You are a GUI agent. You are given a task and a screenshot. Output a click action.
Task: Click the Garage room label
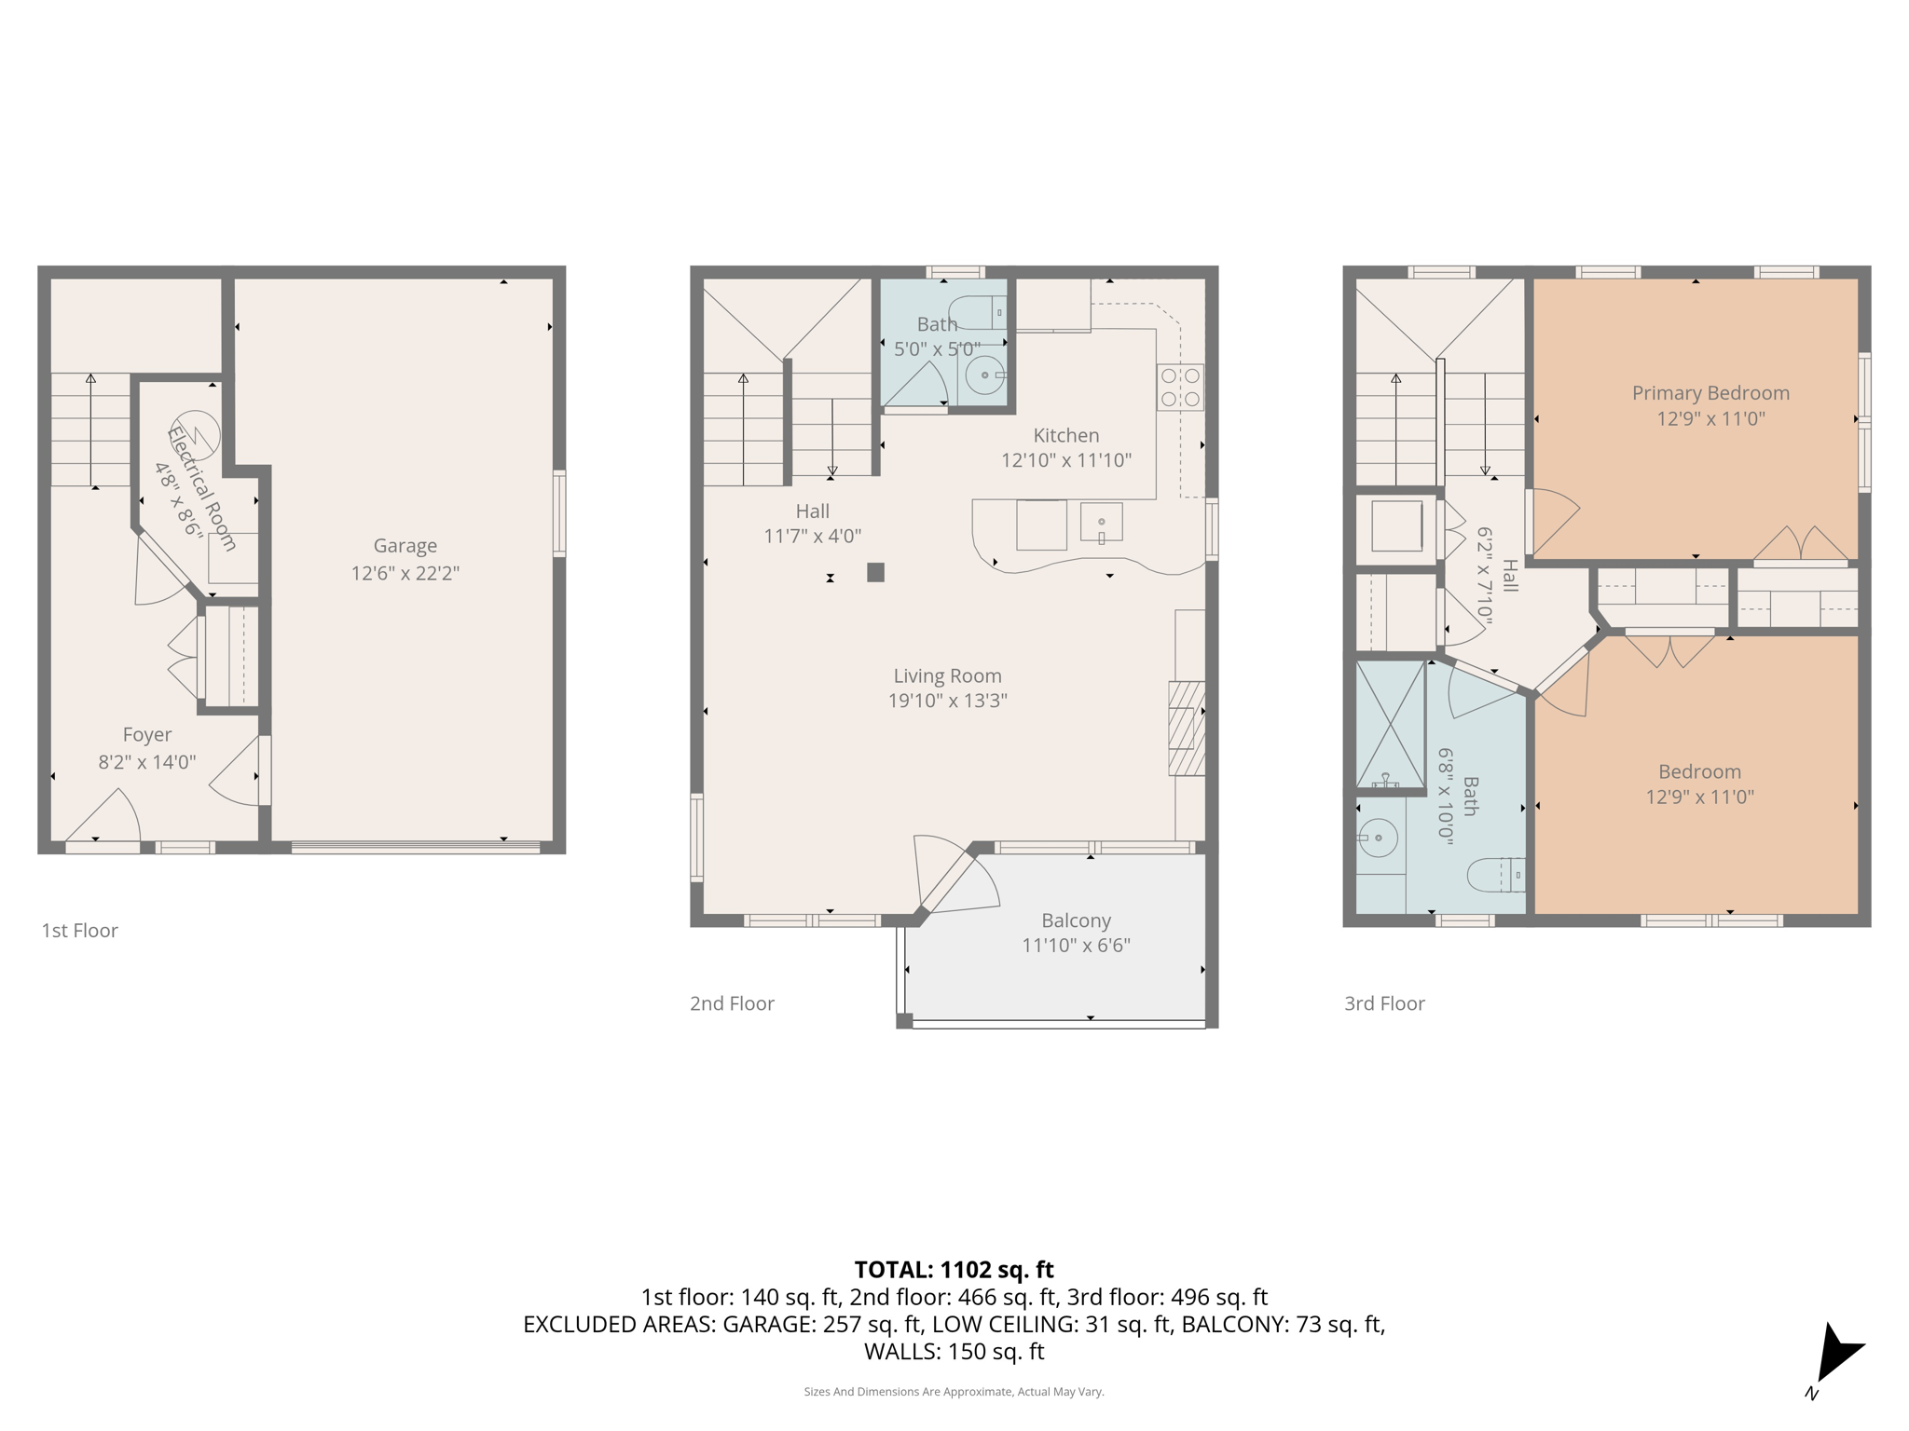pyautogui.click(x=405, y=546)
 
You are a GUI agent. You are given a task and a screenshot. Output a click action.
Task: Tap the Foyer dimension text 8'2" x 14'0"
pyautogui.click(x=147, y=762)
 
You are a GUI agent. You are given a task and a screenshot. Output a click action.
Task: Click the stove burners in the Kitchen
pyautogui.click(x=1180, y=388)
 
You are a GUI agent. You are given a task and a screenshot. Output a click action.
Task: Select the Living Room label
pyautogui.click(x=947, y=676)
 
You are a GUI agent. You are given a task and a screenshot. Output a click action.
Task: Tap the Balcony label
pyautogui.click(x=1076, y=920)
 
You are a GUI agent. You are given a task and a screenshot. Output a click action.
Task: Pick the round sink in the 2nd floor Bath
pyautogui.click(x=984, y=375)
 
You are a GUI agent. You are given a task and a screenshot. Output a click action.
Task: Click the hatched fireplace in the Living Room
pyautogui.click(x=1186, y=729)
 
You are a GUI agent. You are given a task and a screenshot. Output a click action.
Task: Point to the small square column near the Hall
pyautogui.click(x=875, y=572)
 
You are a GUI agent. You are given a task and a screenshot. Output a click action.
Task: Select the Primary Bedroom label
pyautogui.click(x=1710, y=393)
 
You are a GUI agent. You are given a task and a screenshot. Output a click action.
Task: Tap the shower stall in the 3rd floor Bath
pyautogui.click(x=1390, y=725)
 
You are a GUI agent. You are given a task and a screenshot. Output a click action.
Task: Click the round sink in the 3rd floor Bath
pyautogui.click(x=1378, y=838)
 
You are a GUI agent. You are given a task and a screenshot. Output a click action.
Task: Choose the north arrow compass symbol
pyautogui.click(x=1834, y=1356)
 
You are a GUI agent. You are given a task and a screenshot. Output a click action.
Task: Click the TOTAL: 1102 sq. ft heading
pyautogui.click(x=954, y=1270)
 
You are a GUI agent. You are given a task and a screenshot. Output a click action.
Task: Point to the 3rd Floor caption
pyautogui.click(x=1384, y=1003)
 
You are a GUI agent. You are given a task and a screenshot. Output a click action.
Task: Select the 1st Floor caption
pyautogui.click(x=79, y=931)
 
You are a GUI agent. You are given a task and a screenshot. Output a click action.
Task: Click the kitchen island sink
pyautogui.click(x=1101, y=524)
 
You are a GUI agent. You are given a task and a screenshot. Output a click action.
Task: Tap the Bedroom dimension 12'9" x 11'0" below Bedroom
pyautogui.click(x=1699, y=797)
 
